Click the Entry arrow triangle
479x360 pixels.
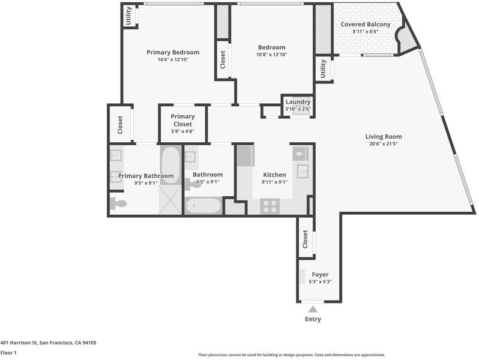[x=313, y=310]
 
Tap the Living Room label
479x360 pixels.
[x=384, y=136]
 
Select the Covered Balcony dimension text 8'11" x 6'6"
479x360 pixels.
[x=366, y=31]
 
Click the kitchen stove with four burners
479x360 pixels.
[x=270, y=206]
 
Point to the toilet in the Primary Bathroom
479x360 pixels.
[x=118, y=203]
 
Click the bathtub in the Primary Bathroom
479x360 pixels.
[x=170, y=165]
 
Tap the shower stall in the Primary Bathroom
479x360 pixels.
[x=170, y=200]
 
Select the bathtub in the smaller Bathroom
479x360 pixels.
[x=203, y=205]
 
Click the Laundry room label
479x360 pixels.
[x=298, y=101]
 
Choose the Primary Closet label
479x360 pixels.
[x=182, y=121]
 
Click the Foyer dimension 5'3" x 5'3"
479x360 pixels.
[x=320, y=282]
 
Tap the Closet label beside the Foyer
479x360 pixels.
[x=305, y=239]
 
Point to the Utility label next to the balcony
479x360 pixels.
[x=323, y=69]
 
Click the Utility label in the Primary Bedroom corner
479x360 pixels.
[x=128, y=16]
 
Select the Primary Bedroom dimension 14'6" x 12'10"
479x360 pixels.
[x=173, y=59]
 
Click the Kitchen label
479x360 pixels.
[x=275, y=175]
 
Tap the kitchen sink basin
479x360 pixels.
[x=303, y=171]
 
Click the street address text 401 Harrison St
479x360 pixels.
[x=19, y=343]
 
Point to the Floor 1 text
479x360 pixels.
[x=8, y=353]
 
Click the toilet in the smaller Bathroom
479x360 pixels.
[x=193, y=184]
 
